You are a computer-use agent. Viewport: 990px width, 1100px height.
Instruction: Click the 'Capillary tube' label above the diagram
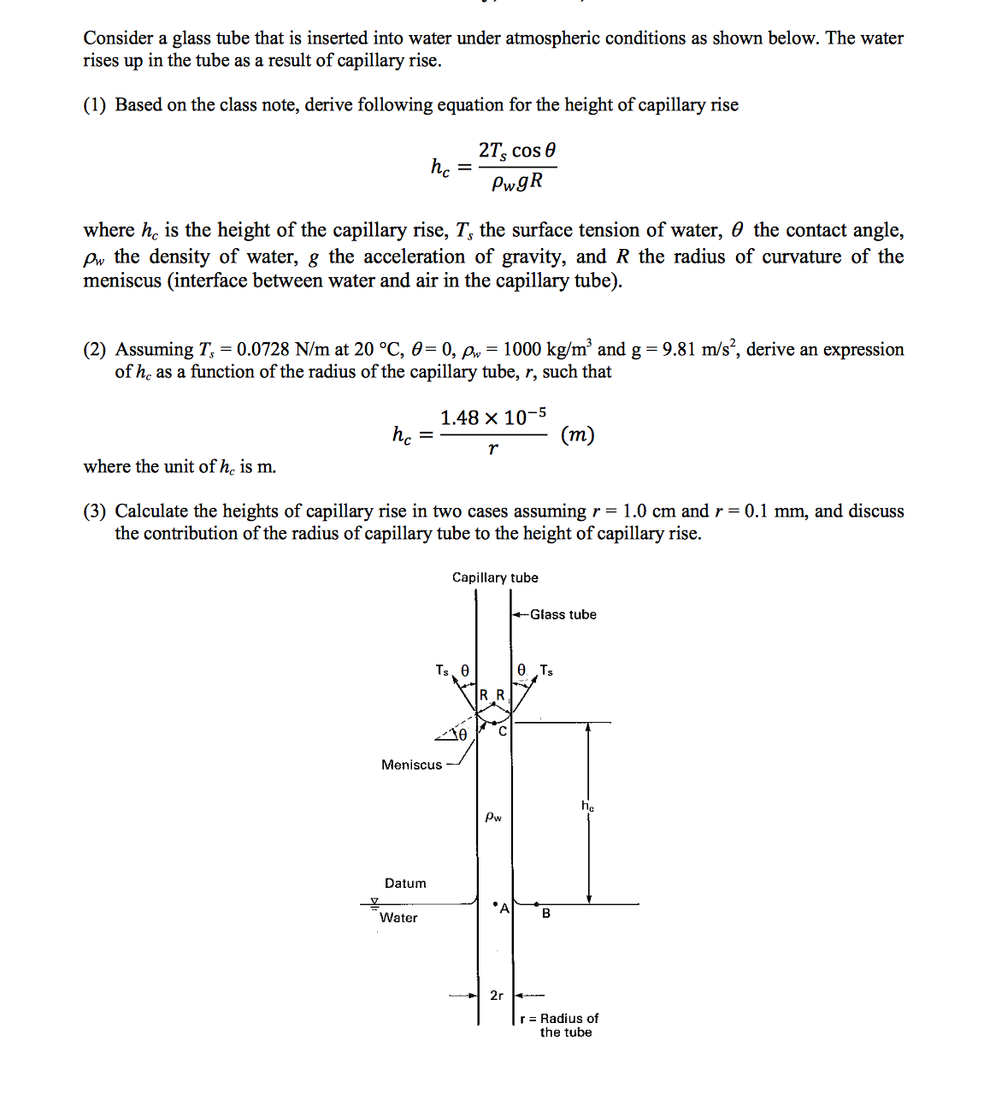(495, 577)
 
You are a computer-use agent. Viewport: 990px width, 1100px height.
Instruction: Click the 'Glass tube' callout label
(563, 614)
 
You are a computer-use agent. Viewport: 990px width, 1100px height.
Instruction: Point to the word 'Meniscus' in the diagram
(411, 765)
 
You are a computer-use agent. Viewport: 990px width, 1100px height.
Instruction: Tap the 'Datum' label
(405, 883)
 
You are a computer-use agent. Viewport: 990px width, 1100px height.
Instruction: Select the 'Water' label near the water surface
(398, 918)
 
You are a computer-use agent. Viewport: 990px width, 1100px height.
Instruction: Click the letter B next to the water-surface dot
(546, 914)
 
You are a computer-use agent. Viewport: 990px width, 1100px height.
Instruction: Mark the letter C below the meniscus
(503, 731)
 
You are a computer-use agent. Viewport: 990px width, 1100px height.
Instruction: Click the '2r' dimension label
(497, 996)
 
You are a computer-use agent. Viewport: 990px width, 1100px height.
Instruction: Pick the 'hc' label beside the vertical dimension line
(587, 806)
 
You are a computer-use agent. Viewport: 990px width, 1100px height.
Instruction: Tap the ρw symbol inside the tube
(493, 817)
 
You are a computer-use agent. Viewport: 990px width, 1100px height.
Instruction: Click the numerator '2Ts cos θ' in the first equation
(517, 151)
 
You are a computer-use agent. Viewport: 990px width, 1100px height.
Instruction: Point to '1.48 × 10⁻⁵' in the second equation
(493, 417)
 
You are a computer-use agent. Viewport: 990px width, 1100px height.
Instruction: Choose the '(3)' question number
(95, 511)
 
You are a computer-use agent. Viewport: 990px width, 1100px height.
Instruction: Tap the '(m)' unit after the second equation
(577, 435)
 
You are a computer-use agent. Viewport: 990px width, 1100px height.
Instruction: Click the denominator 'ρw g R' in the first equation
(517, 182)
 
